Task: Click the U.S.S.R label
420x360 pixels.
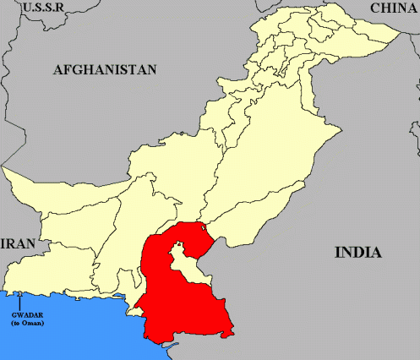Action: (45, 8)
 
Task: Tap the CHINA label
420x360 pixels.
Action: (393, 8)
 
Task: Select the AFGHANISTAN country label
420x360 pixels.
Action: (105, 70)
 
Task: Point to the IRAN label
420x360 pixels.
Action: (18, 243)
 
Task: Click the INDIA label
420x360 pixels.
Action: (357, 252)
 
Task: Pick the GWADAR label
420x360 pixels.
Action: (26, 316)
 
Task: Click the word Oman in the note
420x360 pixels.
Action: (34, 324)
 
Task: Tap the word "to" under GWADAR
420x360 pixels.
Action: (19, 324)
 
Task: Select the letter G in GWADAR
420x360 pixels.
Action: (14, 316)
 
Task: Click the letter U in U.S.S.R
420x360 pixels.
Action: (28, 8)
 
